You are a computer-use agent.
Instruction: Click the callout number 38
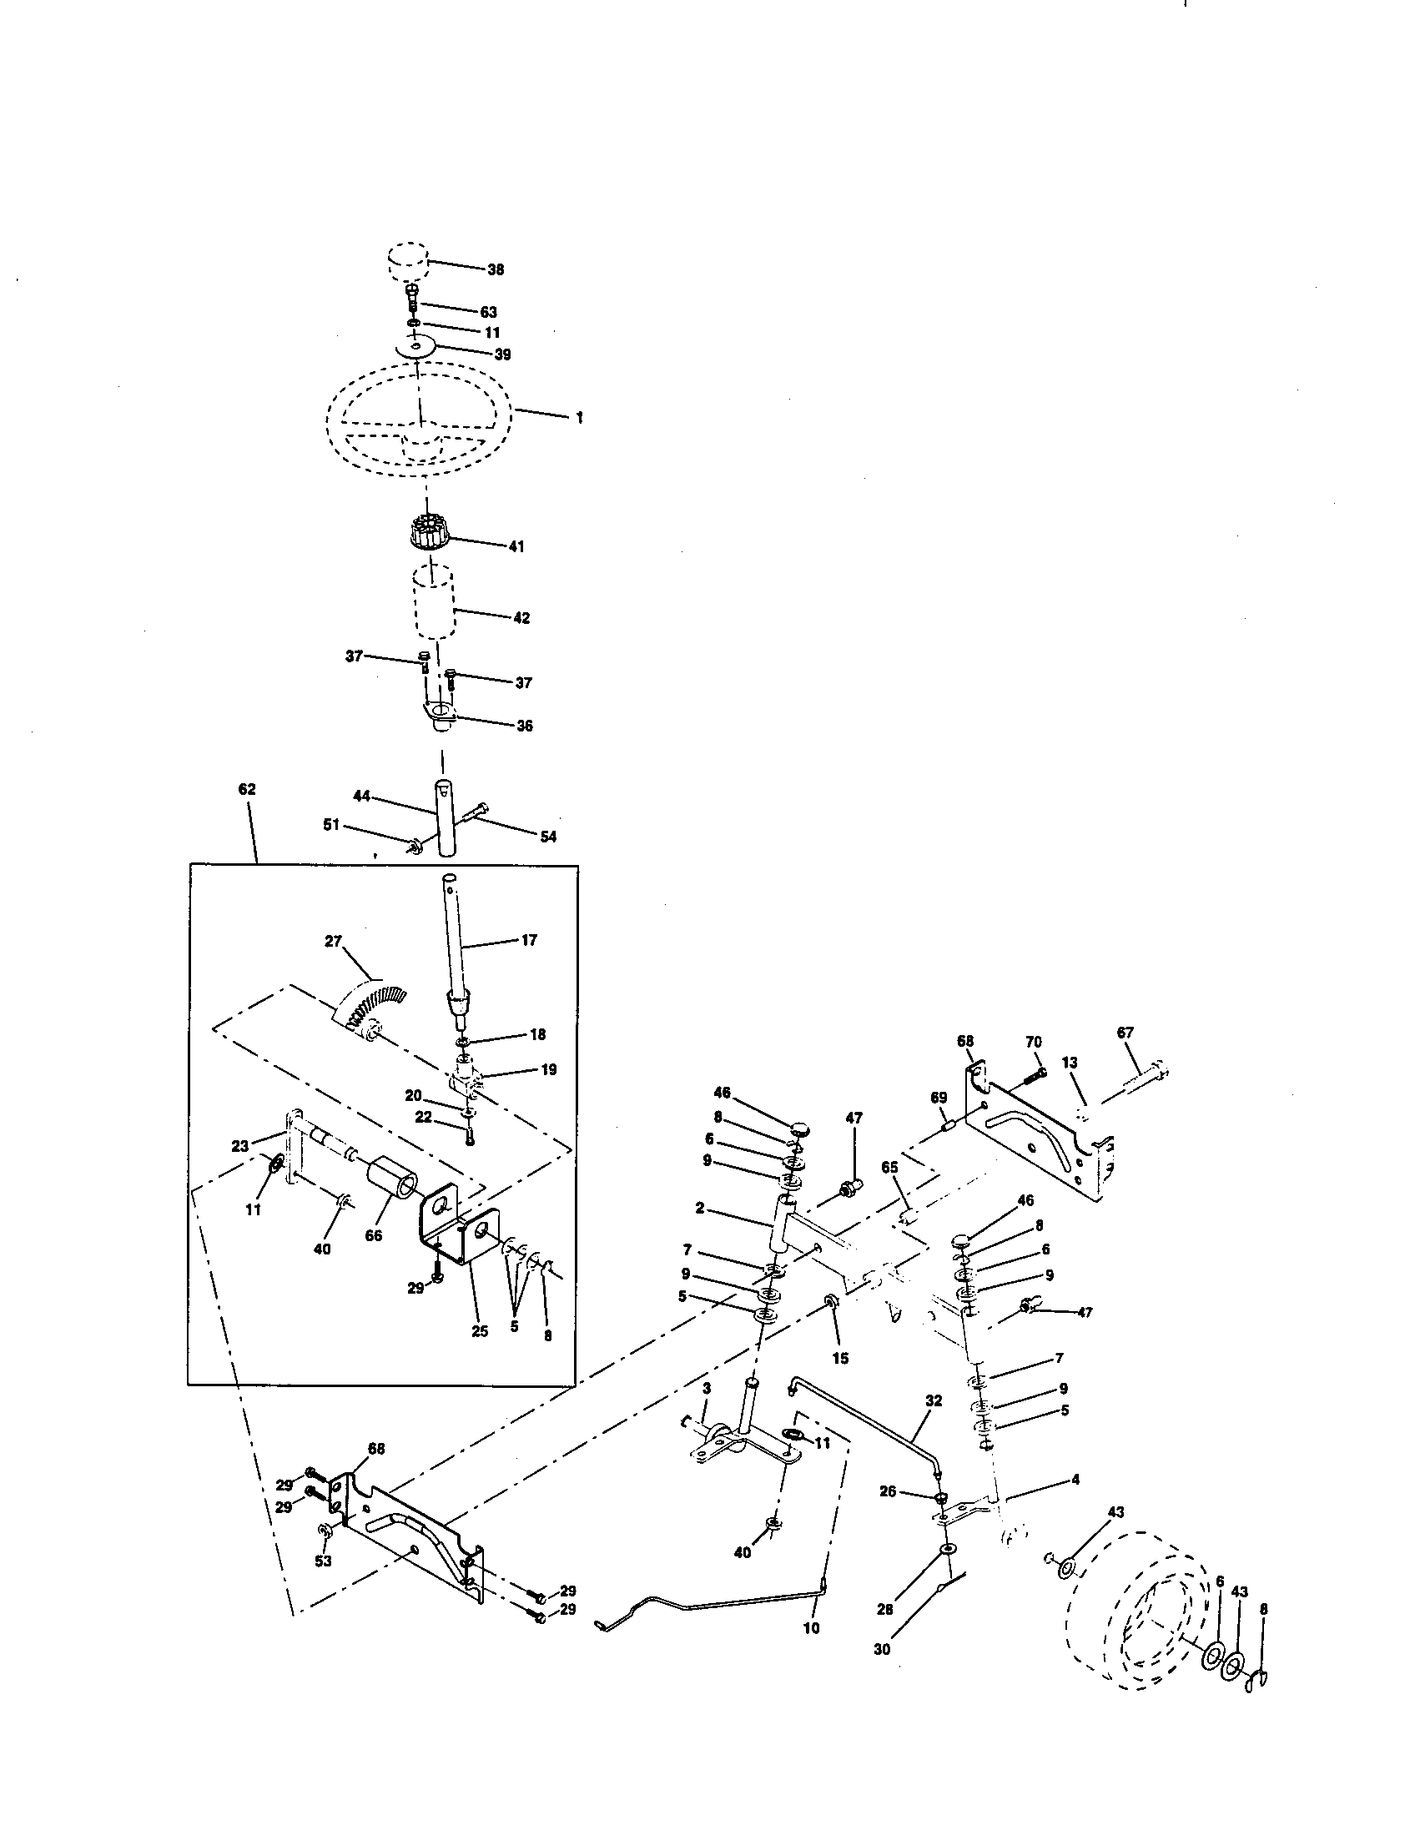click(x=496, y=269)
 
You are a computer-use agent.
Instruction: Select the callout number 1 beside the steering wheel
click(x=579, y=417)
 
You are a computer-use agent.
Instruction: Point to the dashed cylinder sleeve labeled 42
click(x=432, y=604)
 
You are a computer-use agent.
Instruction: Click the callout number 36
click(x=523, y=726)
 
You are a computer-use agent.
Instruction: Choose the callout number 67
click(x=1125, y=1032)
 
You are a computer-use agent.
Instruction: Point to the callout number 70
click(x=1034, y=1042)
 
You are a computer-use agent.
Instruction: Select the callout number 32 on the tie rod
click(x=934, y=1400)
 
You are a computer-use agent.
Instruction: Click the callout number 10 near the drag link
click(x=811, y=1627)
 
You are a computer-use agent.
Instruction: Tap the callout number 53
click(x=323, y=1561)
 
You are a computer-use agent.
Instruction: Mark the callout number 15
click(x=840, y=1358)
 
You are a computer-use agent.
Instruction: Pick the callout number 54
click(x=548, y=837)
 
